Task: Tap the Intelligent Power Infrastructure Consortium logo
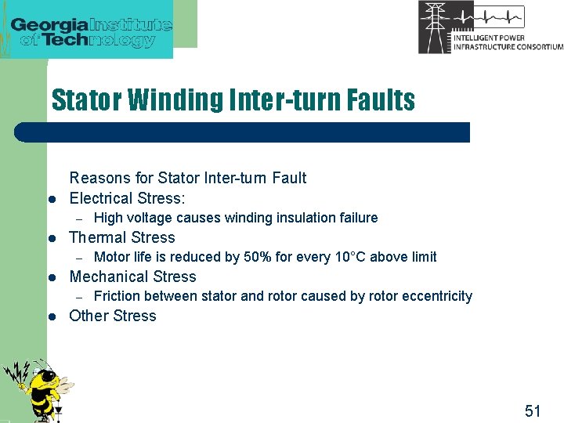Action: [x=490, y=28]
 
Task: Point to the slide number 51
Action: [x=533, y=410]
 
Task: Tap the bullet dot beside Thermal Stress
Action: [x=50, y=239]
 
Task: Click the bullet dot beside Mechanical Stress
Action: [x=50, y=278]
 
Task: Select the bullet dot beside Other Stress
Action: [x=50, y=317]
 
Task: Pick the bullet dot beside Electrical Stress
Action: [x=50, y=200]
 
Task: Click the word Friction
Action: [x=114, y=296]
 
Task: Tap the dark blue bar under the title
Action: [x=243, y=132]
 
